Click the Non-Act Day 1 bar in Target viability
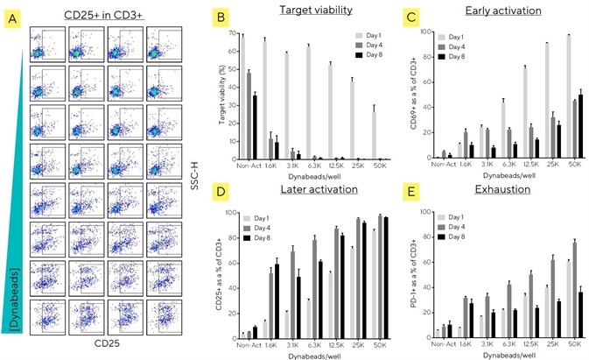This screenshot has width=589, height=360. tap(242, 97)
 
